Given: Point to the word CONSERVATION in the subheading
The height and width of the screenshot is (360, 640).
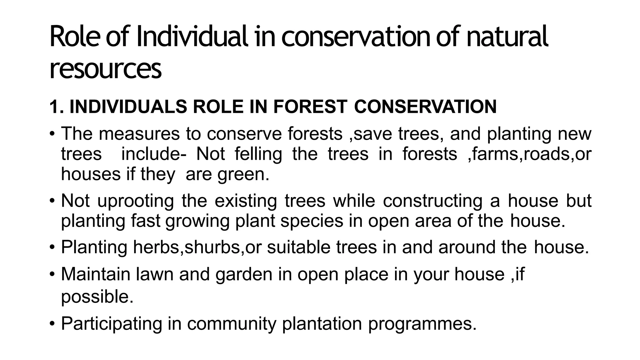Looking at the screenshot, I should [x=425, y=107].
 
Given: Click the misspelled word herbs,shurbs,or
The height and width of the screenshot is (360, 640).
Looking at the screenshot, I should [x=197, y=247].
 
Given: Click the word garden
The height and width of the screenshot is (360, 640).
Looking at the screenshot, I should [x=244, y=274].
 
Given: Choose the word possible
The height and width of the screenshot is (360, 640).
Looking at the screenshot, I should [x=97, y=297].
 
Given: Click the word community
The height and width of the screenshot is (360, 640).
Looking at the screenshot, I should [x=232, y=323].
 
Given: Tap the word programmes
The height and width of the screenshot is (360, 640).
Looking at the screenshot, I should [x=422, y=323].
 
